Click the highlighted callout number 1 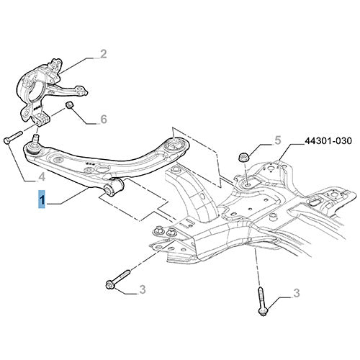tap(42, 199)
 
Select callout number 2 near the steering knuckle tap(103, 53)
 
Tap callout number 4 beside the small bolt tap(42, 177)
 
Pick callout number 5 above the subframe tap(277, 140)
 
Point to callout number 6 tap(104, 119)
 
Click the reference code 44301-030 tap(328, 140)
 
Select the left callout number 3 tap(143, 289)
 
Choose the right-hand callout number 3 tap(297, 293)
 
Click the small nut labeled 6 tap(70, 105)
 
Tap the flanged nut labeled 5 tap(243, 157)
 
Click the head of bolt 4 tap(6, 140)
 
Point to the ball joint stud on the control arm tap(35, 140)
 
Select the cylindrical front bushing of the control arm tap(114, 186)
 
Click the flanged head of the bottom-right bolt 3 tap(262, 312)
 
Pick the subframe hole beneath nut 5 tap(247, 185)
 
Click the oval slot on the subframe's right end tap(315, 202)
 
